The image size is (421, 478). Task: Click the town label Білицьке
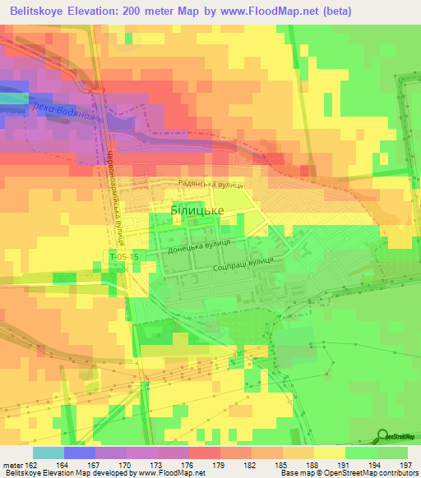(x=197, y=210)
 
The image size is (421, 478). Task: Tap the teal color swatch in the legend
(x=49, y=453)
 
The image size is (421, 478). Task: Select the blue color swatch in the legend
(x=80, y=453)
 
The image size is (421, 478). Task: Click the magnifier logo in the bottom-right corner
(x=382, y=435)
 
